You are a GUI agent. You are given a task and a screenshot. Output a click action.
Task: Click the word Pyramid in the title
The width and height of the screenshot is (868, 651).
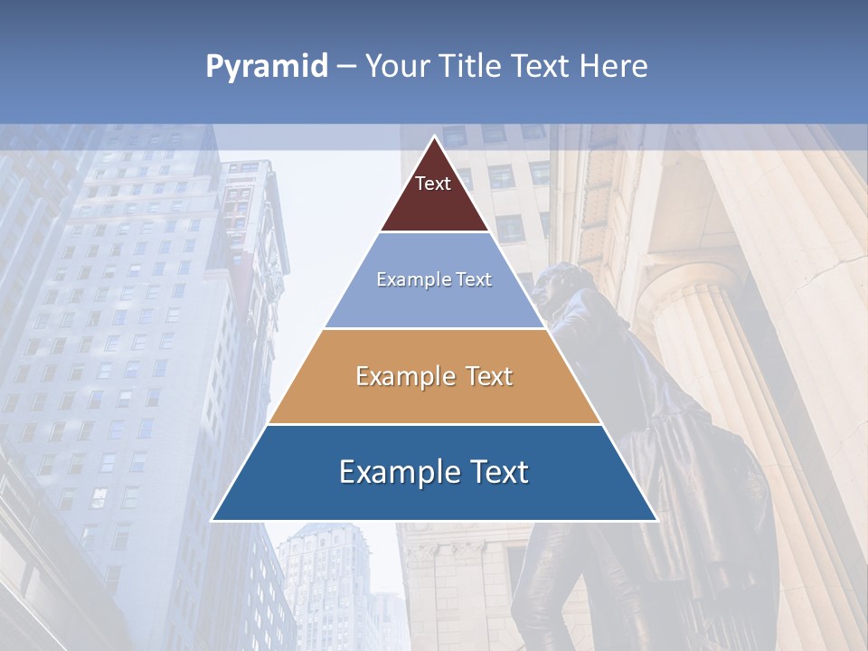tap(267, 67)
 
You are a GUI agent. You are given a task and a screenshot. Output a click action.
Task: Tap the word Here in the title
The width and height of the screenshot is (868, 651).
tap(613, 66)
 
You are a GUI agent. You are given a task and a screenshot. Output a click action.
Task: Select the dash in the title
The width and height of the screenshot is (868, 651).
tap(346, 67)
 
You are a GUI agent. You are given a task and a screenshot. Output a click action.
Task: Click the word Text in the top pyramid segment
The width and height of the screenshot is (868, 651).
tap(433, 184)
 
